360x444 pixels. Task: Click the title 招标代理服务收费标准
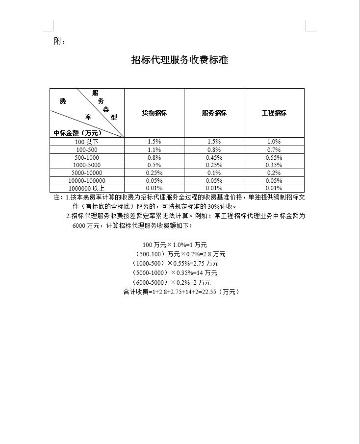pos(180,60)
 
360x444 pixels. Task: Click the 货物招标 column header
pos(154,113)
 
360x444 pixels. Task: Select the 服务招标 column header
pos(214,113)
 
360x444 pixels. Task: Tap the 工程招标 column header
pos(274,113)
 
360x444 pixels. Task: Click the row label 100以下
pos(87,142)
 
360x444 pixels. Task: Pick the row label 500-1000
pos(87,157)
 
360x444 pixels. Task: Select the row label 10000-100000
pos(87,181)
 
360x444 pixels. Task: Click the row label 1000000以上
pos(87,188)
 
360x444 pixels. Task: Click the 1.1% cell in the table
pos(154,149)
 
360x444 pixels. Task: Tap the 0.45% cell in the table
pos(214,157)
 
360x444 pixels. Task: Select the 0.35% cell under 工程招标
pos(274,165)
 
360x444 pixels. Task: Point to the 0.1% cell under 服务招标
pos(214,173)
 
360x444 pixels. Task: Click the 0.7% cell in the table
pos(274,149)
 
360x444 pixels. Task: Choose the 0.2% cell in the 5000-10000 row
pos(274,173)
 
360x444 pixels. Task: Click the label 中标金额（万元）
pos(77,132)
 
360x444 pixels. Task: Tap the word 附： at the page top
pos(59,41)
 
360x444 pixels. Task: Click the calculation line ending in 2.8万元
pos(180,254)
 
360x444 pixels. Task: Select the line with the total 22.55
pos(181,292)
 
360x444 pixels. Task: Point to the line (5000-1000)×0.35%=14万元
pos(175,272)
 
